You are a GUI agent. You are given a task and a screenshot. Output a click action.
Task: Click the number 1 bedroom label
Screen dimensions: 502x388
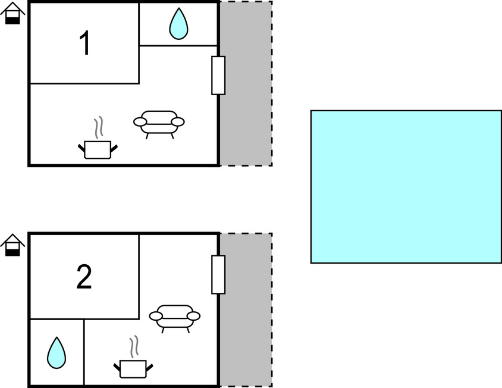pyautogui.click(x=85, y=43)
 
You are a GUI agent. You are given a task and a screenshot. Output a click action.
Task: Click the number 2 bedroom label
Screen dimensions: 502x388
pyautogui.click(x=84, y=277)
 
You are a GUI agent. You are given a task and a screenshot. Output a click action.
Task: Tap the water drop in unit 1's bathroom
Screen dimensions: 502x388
pyautogui.click(x=178, y=24)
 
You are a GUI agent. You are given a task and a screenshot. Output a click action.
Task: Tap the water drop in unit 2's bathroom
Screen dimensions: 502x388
pyautogui.click(x=57, y=353)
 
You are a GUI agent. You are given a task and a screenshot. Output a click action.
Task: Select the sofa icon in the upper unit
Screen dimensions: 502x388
pyautogui.click(x=159, y=124)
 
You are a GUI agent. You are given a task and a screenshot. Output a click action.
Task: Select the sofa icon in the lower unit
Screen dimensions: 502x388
pyautogui.click(x=174, y=319)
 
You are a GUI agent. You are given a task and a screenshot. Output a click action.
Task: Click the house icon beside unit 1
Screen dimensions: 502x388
pyautogui.click(x=12, y=13)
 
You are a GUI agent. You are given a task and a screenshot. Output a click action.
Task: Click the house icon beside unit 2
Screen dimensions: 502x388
pyautogui.click(x=12, y=245)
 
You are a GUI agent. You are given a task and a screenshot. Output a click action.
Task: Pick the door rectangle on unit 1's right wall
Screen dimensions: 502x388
pyautogui.click(x=218, y=76)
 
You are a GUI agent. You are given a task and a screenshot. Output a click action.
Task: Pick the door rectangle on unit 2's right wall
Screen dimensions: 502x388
pyautogui.click(x=218, y=274)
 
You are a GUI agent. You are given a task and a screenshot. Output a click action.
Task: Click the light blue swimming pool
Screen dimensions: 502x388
pyautogui.click(x=406, y=187)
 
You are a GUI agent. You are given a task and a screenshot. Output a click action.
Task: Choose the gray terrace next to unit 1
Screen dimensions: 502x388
pyautogui.click(x=246, y=84)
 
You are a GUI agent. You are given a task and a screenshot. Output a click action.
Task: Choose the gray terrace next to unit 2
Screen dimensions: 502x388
pyautogui.click(x=246, y=310)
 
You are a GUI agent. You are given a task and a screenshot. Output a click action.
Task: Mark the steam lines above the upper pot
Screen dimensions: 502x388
pyautogui.click(x=99, y=127)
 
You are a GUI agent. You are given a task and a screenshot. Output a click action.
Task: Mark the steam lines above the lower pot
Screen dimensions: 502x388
pyautogui.click(x=134, y=347)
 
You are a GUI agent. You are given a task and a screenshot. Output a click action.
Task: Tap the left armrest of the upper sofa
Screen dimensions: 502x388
pyautogui.click(x=140, y=122)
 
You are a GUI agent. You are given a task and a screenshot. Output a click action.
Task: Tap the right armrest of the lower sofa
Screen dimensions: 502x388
pyautogui.click(x=193, y=316)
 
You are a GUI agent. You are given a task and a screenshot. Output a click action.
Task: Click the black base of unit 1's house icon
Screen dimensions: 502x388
pyautogui.click(x=13, y=21)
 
